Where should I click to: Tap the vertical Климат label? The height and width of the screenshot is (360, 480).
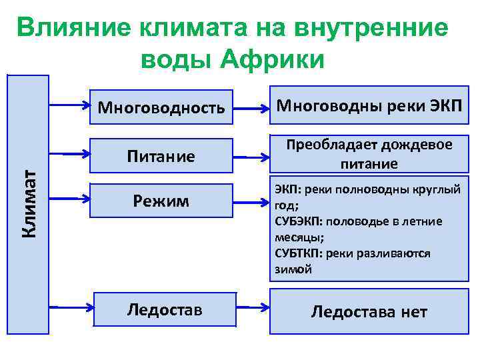[x=29, y=203]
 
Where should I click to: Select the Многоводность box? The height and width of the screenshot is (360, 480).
[x=161, y=107]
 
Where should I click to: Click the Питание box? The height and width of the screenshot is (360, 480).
[x=161, y=156]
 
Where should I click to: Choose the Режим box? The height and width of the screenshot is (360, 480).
[x=161, y=200]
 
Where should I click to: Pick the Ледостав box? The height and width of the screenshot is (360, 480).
[x=165, y=309]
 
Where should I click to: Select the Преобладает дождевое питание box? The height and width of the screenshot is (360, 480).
[x=369, y=154]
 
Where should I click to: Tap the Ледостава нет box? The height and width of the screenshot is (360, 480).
[x=369, y=311]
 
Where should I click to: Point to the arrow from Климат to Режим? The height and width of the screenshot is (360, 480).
[x=70, y=198]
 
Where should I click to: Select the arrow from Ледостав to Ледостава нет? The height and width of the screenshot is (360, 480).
[x=253, y=307]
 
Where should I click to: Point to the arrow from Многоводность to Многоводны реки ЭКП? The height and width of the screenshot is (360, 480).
[x=253, y=107]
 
